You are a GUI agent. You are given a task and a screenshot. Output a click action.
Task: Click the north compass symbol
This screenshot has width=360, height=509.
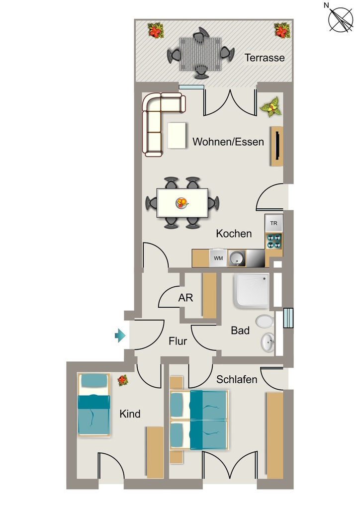[x=340, y=19]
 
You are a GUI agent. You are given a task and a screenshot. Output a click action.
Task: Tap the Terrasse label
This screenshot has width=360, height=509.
[x=265, y=58]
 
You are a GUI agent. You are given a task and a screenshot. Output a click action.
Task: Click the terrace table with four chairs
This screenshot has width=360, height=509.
[x=200, y=53]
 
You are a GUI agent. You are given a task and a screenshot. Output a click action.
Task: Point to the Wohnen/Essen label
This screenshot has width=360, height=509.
[x=228, y=142]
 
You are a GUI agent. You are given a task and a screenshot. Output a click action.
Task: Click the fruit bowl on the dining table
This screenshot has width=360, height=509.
[x=182, y=203]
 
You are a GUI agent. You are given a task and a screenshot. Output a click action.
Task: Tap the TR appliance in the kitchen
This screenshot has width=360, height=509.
[x=273, y=223]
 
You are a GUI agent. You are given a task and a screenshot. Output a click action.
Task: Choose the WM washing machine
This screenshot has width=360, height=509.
[x=218, y=258]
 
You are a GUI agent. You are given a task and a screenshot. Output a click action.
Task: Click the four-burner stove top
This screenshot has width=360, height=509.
[x=273, y=241]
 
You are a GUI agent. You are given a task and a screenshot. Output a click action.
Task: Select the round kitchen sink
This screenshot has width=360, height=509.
[x=237, y=258]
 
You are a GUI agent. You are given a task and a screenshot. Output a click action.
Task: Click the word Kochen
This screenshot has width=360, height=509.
[x=234, y=234]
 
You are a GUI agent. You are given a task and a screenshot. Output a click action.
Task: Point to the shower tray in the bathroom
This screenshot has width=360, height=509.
[x=252, y=291]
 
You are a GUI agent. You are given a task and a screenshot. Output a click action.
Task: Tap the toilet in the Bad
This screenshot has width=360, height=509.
[x=265, y=322]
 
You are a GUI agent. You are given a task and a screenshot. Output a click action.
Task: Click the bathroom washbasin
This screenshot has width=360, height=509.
[x=268, y=342]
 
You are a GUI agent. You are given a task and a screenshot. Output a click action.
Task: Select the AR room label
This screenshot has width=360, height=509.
[x=185, y=298]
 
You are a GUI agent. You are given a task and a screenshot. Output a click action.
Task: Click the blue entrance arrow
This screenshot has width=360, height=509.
[x=120, y=336]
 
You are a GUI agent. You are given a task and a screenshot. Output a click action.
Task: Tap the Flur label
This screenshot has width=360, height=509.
[x=178, y=341]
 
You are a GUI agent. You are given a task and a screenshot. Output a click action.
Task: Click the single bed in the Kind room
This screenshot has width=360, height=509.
[x=93, y=405]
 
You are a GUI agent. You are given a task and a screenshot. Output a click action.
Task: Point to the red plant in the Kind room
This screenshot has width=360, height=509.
[x=123, y=380]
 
